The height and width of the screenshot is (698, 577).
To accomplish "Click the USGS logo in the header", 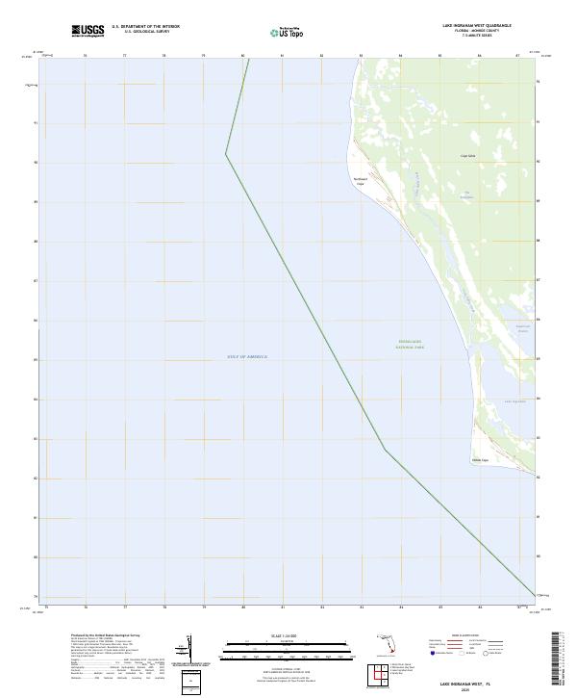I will click(88, 31).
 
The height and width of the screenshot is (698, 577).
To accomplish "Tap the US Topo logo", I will click(289, 31).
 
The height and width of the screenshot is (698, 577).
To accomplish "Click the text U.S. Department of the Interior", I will click(145, 27).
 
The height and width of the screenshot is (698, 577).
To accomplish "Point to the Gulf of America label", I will click(248, 356).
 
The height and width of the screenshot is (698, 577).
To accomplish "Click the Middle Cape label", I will click(480, 459).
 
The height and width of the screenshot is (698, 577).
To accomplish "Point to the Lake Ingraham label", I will click(515, 401).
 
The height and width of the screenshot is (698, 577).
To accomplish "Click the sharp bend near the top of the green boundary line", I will click(226, 153).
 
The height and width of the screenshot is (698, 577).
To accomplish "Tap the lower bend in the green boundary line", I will click(386, 450).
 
